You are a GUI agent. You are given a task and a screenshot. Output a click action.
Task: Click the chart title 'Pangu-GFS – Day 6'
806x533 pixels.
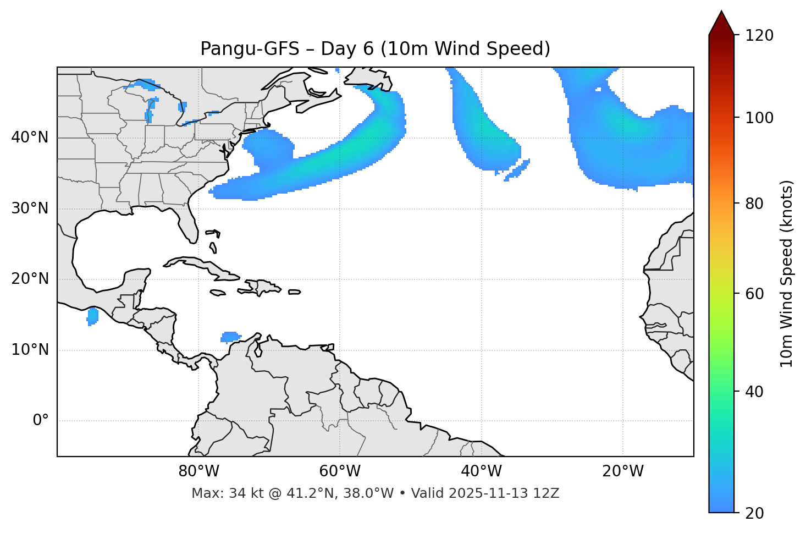tap(375, 49)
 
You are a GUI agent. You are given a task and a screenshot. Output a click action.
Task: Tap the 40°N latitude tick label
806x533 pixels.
tap(30, 138)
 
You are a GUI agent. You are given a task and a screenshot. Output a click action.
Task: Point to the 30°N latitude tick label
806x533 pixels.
tap(30, 208)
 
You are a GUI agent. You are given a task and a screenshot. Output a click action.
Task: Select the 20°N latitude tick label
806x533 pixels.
tap(30, 279)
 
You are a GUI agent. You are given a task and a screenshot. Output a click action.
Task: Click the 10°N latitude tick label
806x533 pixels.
tap(30, 350)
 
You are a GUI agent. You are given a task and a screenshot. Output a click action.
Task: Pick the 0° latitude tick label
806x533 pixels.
tap(41, 421)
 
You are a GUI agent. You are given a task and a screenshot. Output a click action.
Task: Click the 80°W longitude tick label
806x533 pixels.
tap(198, 471)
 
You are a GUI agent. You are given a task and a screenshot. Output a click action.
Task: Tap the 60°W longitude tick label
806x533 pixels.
tap(340, 471)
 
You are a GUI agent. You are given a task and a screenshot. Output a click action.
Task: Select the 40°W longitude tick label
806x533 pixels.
tap(481, 471)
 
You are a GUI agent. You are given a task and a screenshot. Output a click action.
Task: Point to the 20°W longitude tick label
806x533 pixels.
tap(622, 471)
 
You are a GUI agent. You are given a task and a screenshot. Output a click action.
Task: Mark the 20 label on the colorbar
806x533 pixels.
tap(754, 513)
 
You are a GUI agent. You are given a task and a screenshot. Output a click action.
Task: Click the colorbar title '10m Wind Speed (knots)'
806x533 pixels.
tap(787, 273)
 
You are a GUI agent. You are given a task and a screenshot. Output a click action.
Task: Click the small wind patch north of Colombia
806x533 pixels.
tap(230, 336)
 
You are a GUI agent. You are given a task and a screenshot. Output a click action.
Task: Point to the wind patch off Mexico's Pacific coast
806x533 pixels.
tap(92, 316)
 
